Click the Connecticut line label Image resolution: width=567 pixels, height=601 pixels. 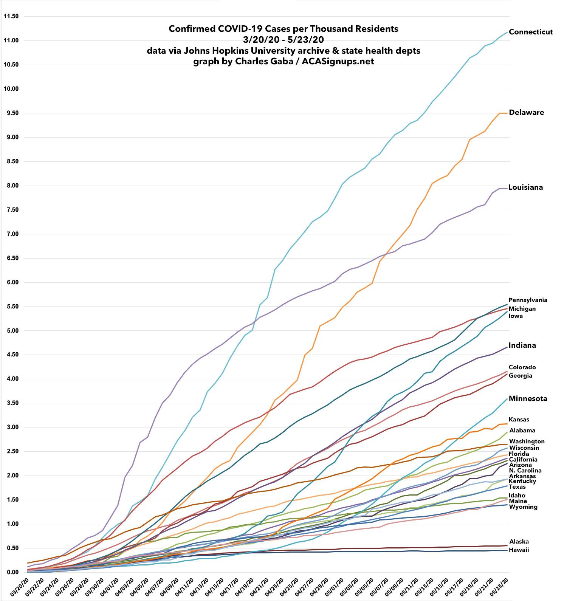(x=531, y=32)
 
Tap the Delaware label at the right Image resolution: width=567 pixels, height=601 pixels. (x=526, y=112)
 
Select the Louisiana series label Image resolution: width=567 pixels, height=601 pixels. (x=525, y=187)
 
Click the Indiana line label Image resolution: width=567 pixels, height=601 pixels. (x=522, y=345)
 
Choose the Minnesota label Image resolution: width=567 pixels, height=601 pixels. (x=528, y=398)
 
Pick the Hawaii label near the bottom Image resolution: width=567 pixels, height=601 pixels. (x=519, y=550)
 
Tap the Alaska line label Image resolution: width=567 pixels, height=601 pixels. (x=519, y=542)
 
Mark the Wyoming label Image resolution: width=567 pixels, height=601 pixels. (x=523, y=507)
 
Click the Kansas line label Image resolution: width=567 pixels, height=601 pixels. (x=519, y=420)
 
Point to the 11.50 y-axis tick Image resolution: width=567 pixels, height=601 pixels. (x=11, y=16)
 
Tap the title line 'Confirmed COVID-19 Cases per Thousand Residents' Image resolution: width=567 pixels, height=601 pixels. (x=283, y=29)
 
